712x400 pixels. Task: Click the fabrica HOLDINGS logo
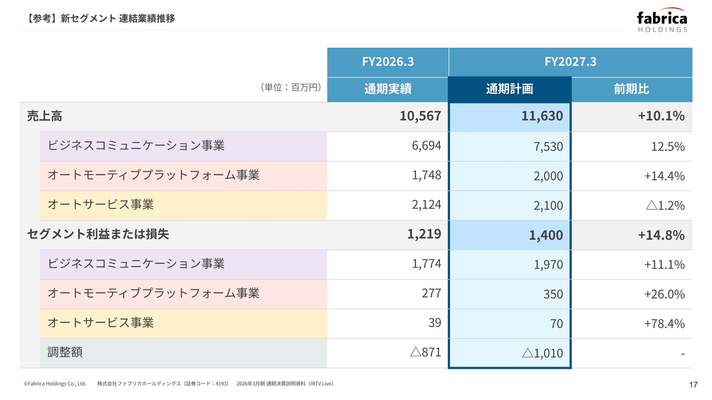662,19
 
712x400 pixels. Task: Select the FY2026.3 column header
388,62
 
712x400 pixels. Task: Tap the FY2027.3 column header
571,62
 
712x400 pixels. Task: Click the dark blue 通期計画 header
510,89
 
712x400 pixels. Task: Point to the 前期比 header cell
631,89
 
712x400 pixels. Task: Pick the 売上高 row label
44,116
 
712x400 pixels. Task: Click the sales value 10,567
420,116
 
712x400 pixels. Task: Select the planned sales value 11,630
542,116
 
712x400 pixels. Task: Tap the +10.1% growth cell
661,116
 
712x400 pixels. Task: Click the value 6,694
426,146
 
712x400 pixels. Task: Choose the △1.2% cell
665,206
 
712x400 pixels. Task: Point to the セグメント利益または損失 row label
98,234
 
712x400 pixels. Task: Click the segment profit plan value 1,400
546,235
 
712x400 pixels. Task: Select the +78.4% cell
664,324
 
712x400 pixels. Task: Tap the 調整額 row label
65,352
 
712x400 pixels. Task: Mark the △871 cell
426,352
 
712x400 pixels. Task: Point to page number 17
693,385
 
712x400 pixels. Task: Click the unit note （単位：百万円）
291,87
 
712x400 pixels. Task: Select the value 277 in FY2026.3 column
431,293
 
